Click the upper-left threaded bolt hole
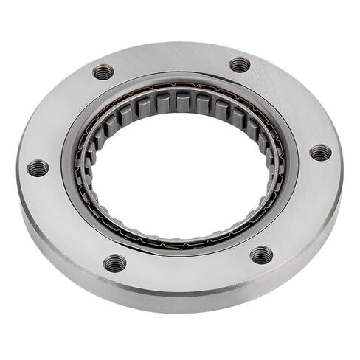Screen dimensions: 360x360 pos(103,72)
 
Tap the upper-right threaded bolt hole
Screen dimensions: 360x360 pos(240,65)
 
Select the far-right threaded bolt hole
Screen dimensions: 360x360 pos(320,153)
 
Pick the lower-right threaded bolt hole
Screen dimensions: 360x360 pos(261,255)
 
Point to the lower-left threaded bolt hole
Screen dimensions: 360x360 pos(114,263)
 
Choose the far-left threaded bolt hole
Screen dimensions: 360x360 pos(38,168)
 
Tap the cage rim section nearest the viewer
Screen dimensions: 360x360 pos(181,240)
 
